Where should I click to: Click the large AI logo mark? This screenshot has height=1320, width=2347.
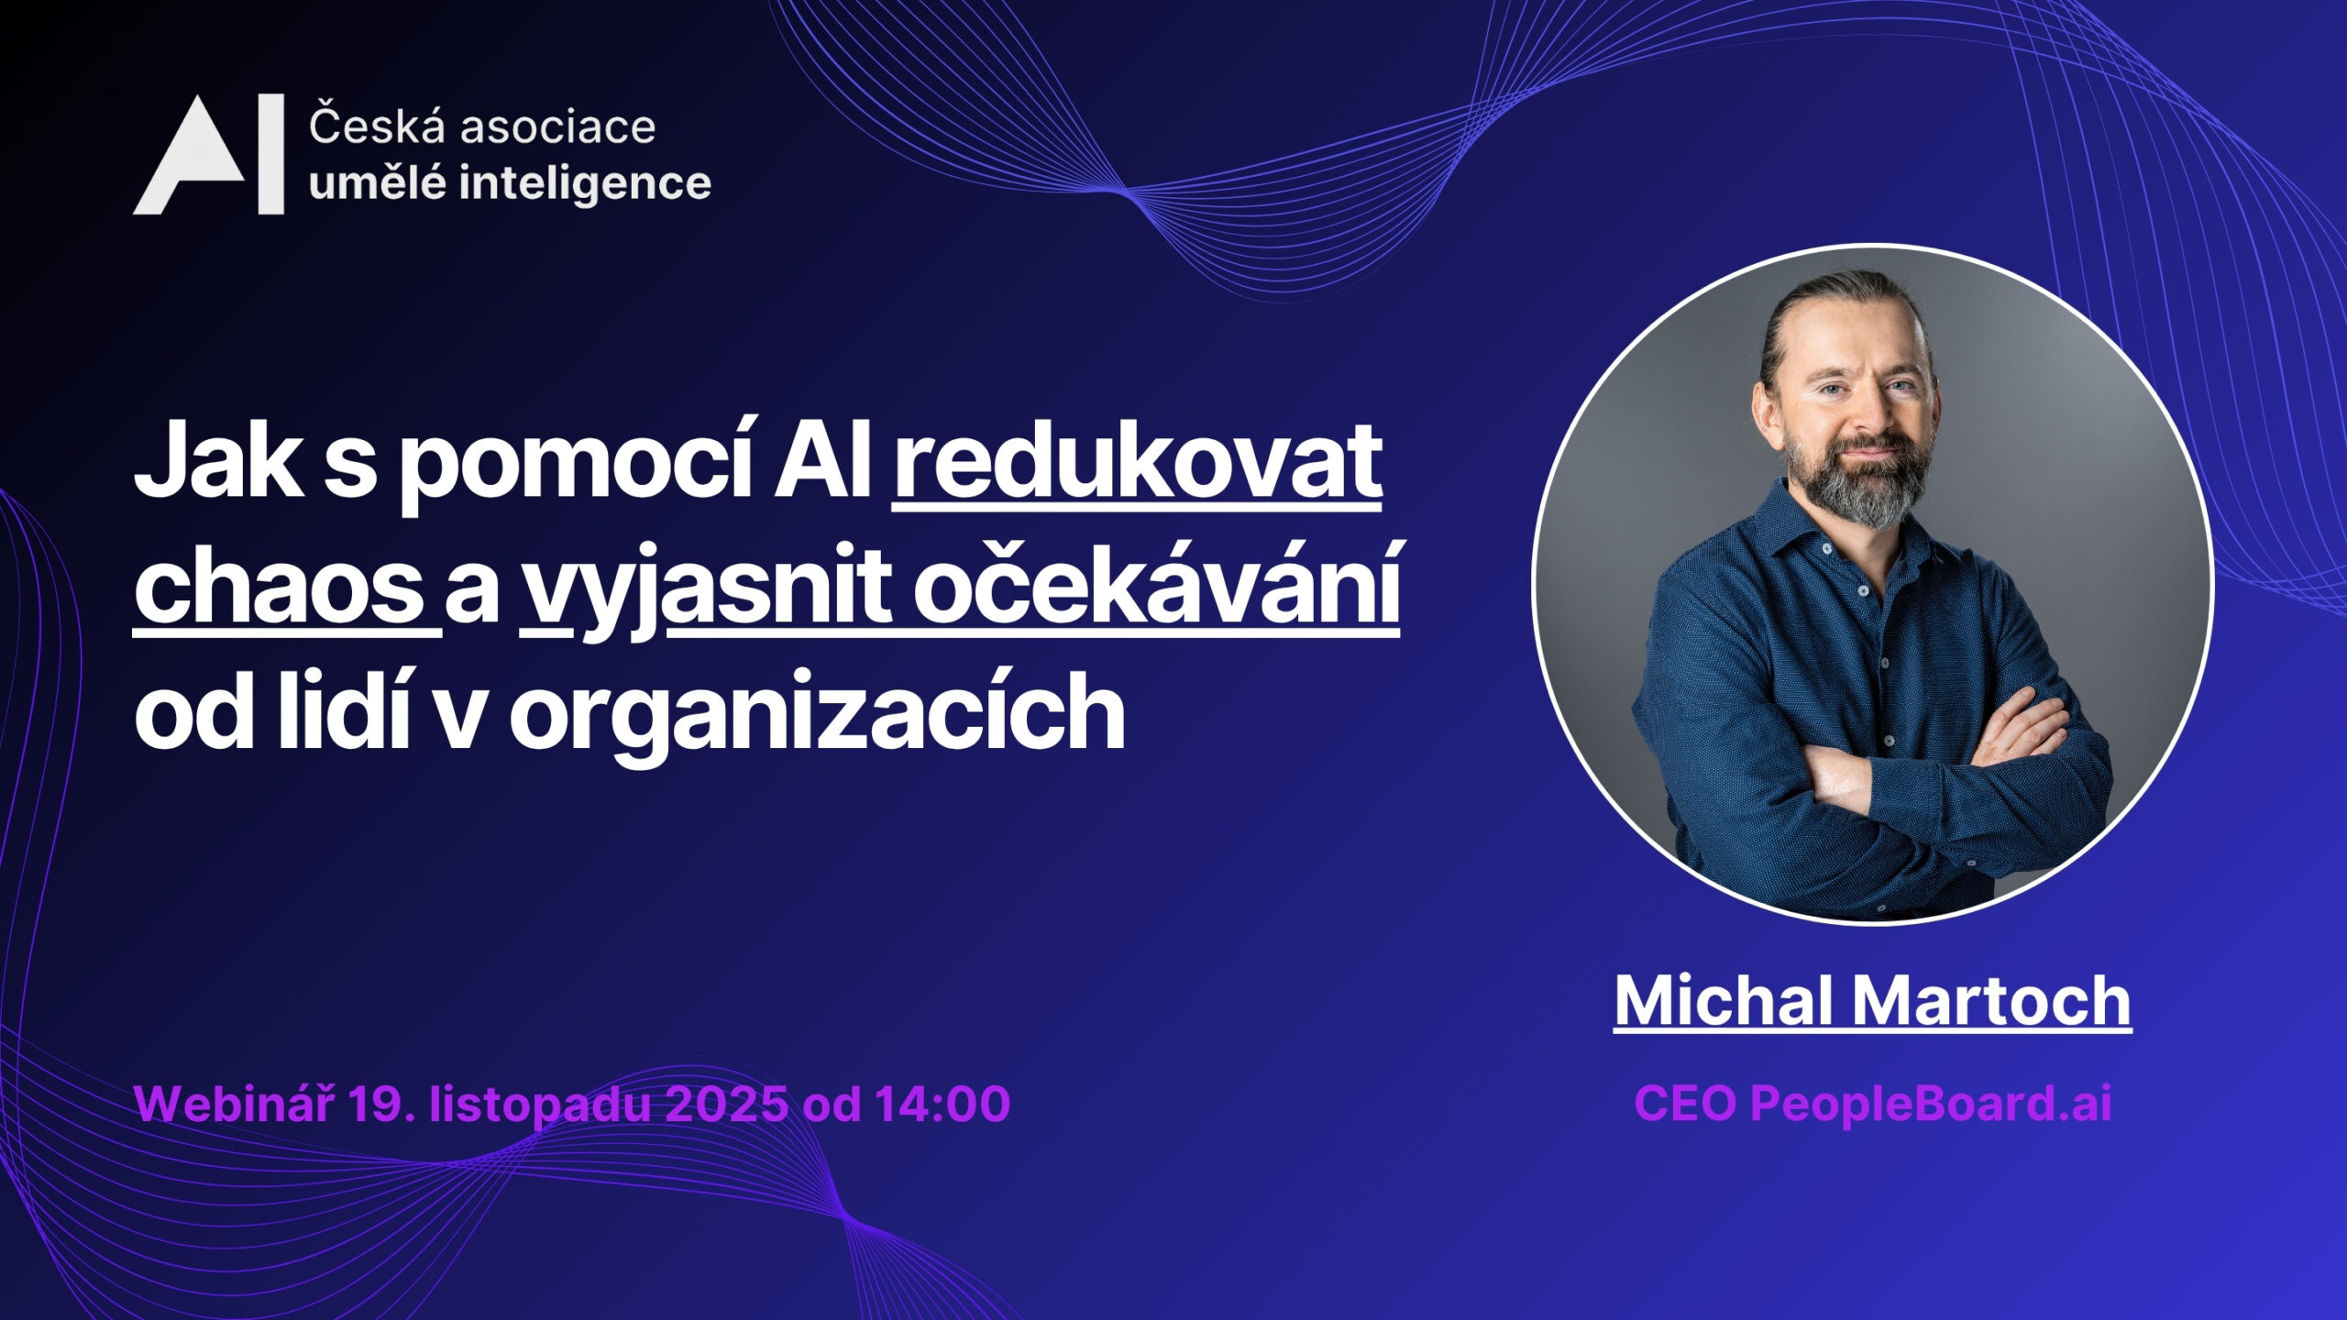[x=209, y=155]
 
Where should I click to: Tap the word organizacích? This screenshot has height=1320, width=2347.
[x=817, y=710]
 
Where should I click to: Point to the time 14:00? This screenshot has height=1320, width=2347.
[x=942, y=1104]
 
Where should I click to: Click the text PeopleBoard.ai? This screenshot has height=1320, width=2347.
[x=1931, y=1103]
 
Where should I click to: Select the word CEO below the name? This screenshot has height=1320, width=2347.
[x=1684, y=1104]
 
